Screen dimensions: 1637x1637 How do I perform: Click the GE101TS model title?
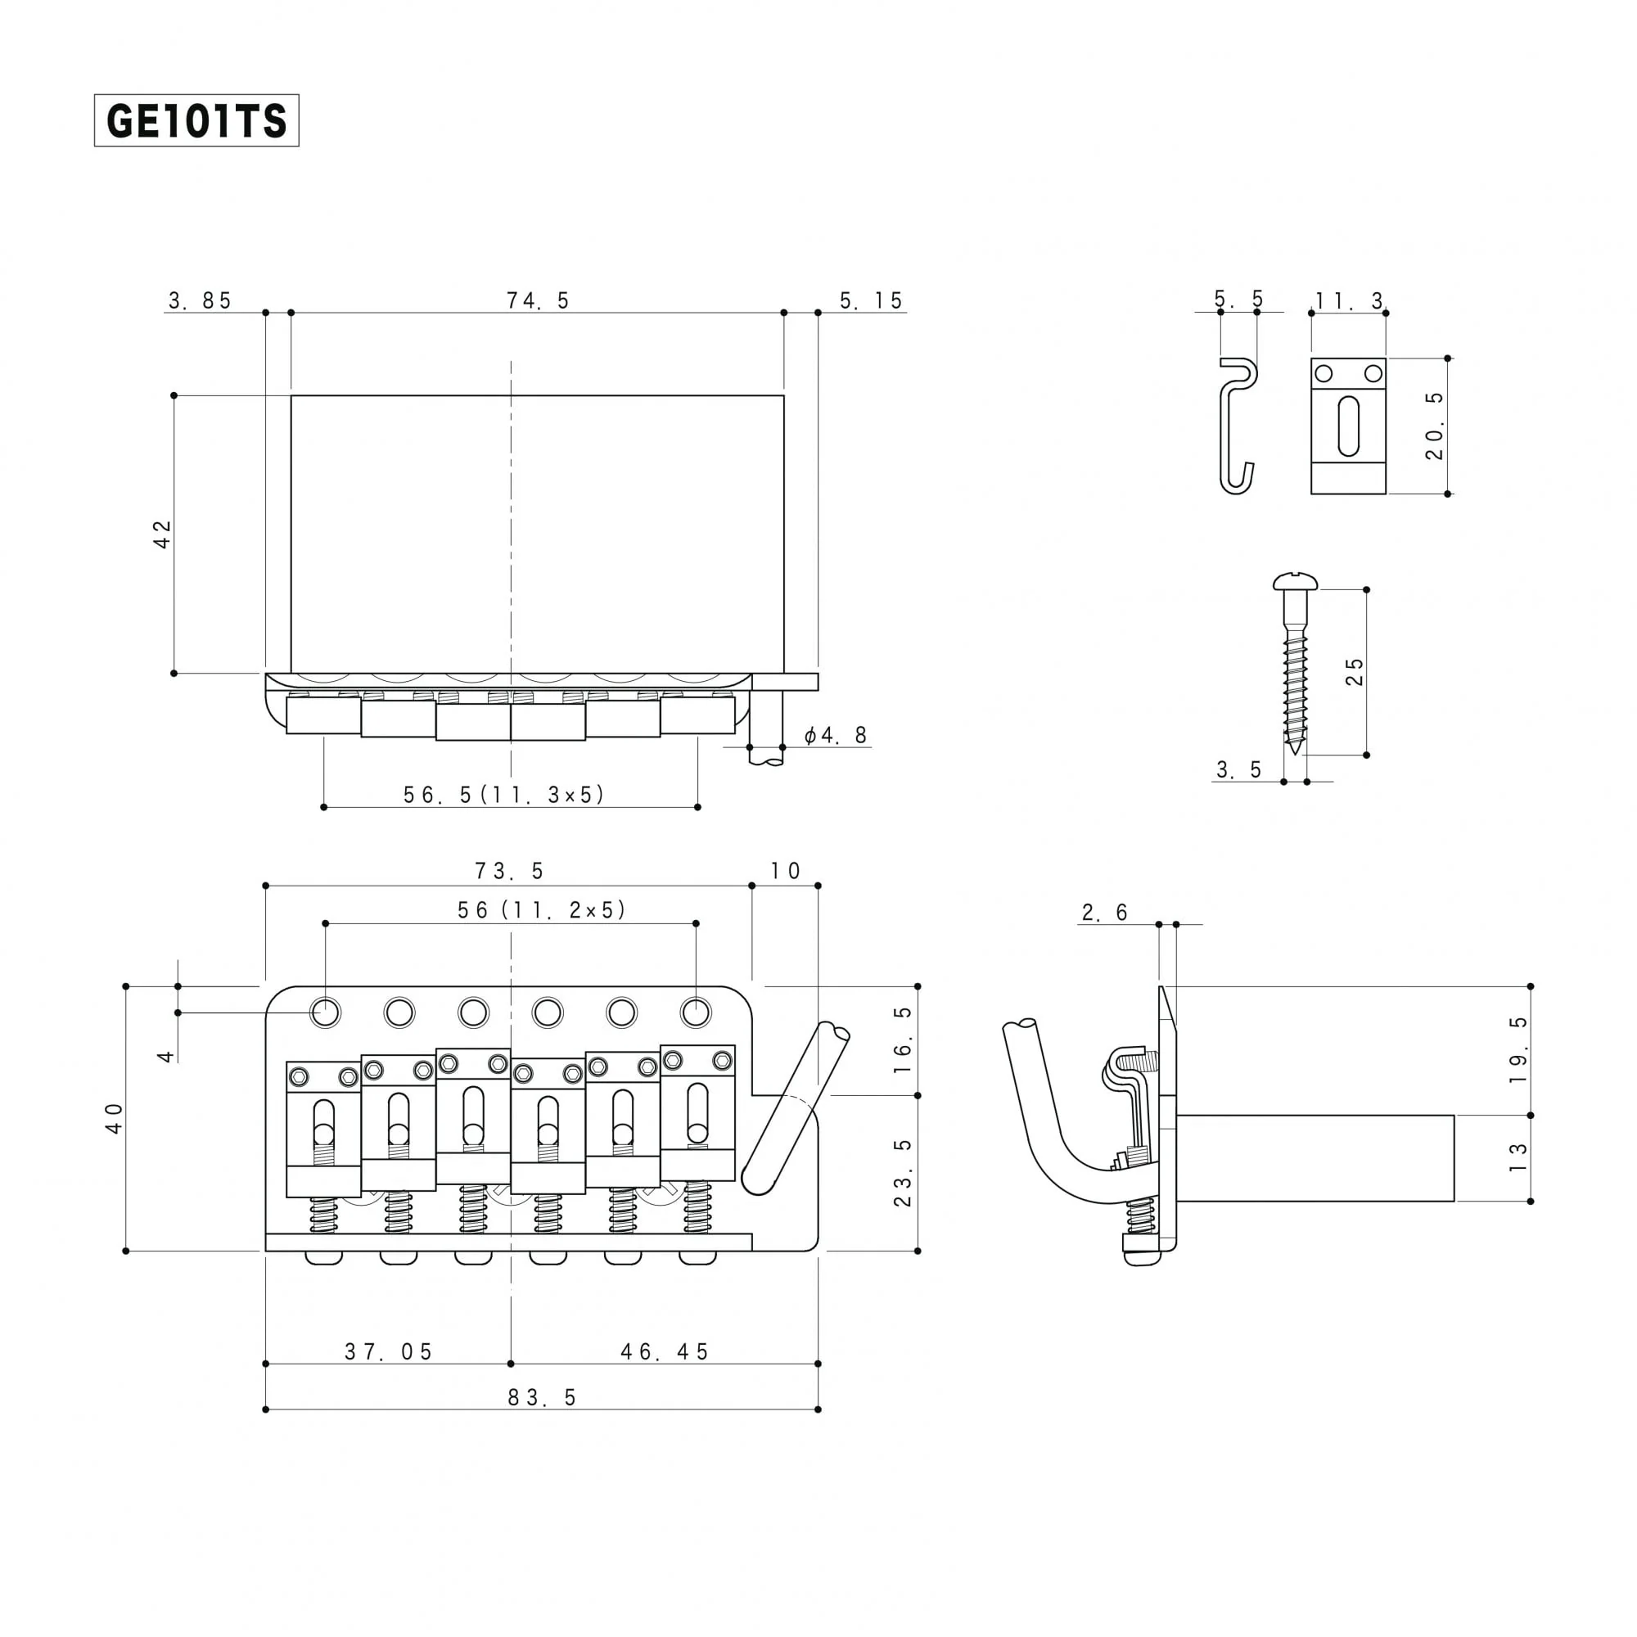[x=196, y=120]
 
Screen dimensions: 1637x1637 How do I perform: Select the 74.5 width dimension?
[x=537, y=300]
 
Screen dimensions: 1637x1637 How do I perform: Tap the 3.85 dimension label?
[x=200, y=300]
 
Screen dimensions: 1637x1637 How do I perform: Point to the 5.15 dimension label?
[x=871, y=300]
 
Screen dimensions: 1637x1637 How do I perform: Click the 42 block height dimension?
[x=162, y=534]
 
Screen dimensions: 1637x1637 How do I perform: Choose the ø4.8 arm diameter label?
[x=836, y=735]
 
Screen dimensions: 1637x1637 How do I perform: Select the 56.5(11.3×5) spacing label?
[x=503, y=794]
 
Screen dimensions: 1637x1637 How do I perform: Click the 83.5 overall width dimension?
[x=543, y=1397]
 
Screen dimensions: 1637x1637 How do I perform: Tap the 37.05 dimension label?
[x=389, y=1351]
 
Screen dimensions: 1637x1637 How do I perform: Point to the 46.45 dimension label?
[x=665, y=1351]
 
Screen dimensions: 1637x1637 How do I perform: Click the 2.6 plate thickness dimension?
[x=1105, y=913]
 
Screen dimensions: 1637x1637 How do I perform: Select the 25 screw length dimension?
[x=1355, y=672]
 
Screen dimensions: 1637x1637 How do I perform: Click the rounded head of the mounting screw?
[x=1296, y=581]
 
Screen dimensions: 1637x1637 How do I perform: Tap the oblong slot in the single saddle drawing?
[x=1348, y=426]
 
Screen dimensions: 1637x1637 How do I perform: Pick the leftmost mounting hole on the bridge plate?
[x=326, y=1012]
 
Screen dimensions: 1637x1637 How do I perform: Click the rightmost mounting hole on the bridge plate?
[x=696, y=1012]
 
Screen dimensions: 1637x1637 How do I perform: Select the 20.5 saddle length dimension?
[x=1434, y=426]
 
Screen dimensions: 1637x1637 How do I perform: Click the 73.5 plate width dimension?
[x=508, y=871]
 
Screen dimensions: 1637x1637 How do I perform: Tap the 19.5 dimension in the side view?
[x=1518, y=1050]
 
